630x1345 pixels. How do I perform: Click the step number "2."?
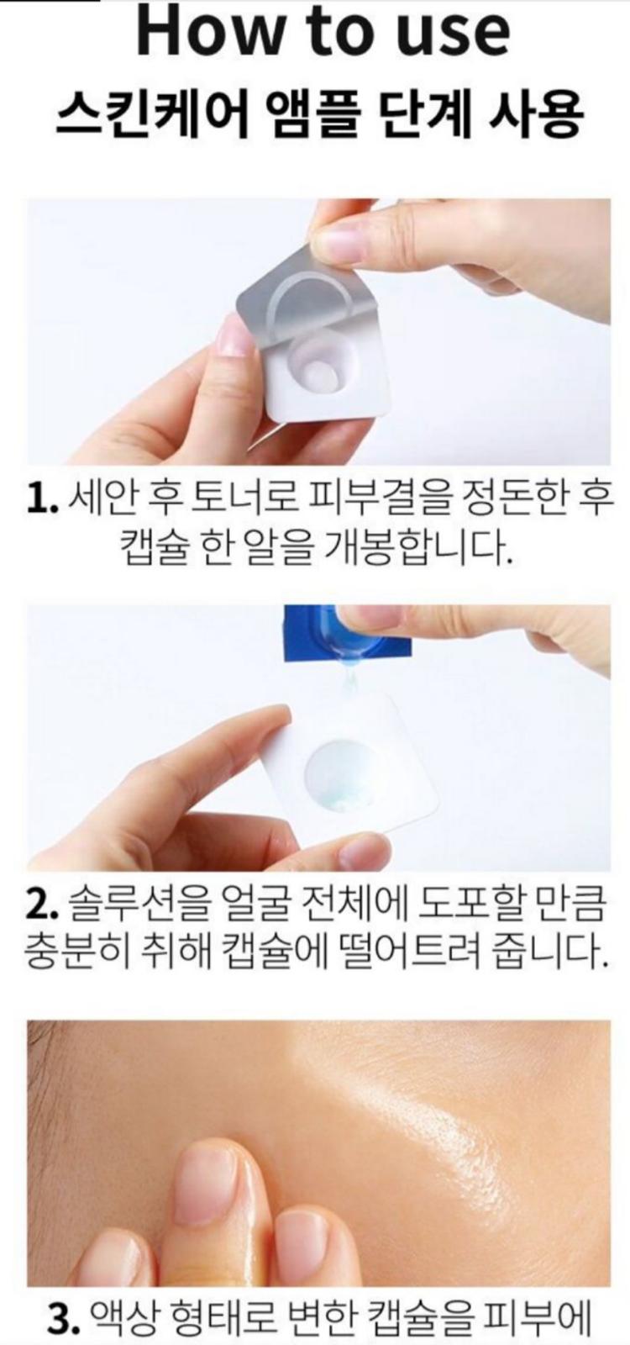(x=42, y=908)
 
